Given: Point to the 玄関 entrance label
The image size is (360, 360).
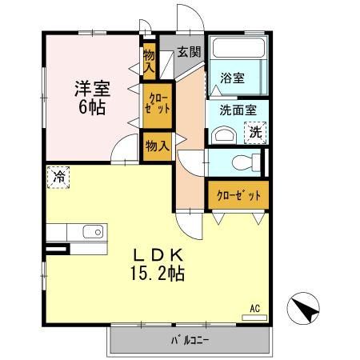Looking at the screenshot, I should coord(189,52).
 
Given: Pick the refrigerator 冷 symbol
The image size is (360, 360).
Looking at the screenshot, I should coord(58,177).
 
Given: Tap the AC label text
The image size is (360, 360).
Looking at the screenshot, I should coord(254,307).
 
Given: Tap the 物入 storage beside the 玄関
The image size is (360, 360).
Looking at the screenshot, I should coord(149,61).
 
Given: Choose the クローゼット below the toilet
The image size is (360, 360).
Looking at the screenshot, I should coord(238,194).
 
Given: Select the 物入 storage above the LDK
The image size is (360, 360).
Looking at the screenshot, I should coord(157,146).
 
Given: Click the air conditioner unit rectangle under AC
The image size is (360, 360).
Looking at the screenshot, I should coord(254,317).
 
